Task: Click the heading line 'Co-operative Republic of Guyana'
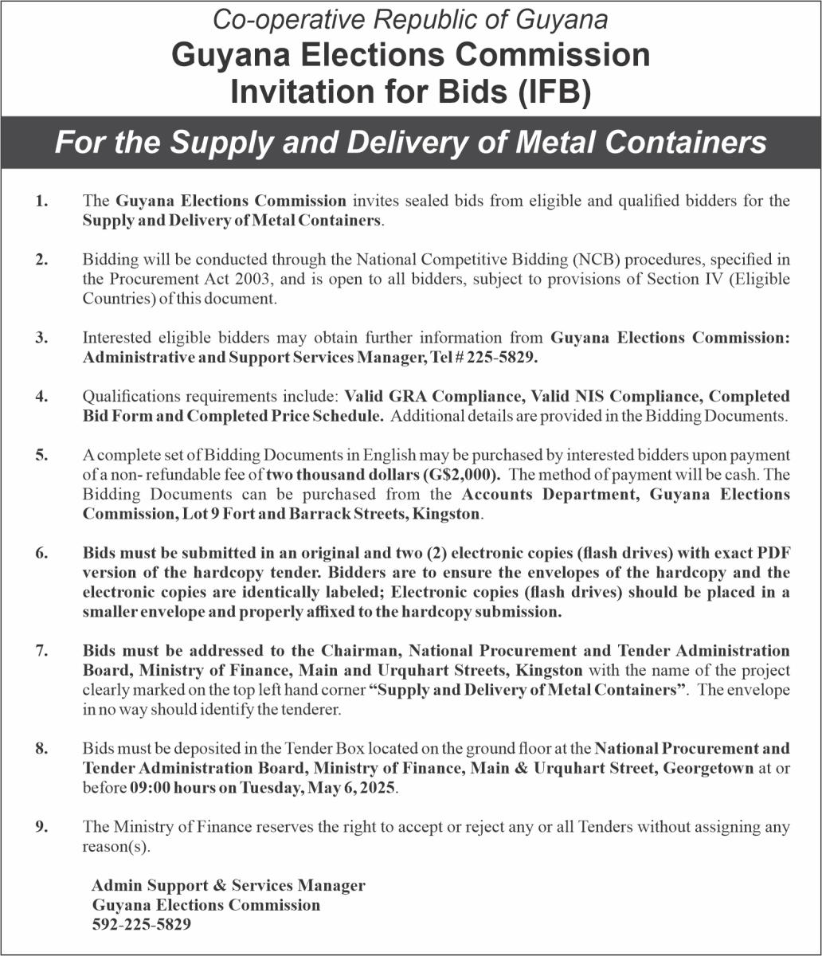pos(411,20)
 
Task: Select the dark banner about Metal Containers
pos(411,143)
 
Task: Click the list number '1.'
pos(41,201)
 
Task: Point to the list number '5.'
pos(41,455)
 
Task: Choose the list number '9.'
pos(41,827)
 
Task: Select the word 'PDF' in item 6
pos(775,553)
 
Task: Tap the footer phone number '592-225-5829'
pos(142,925)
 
